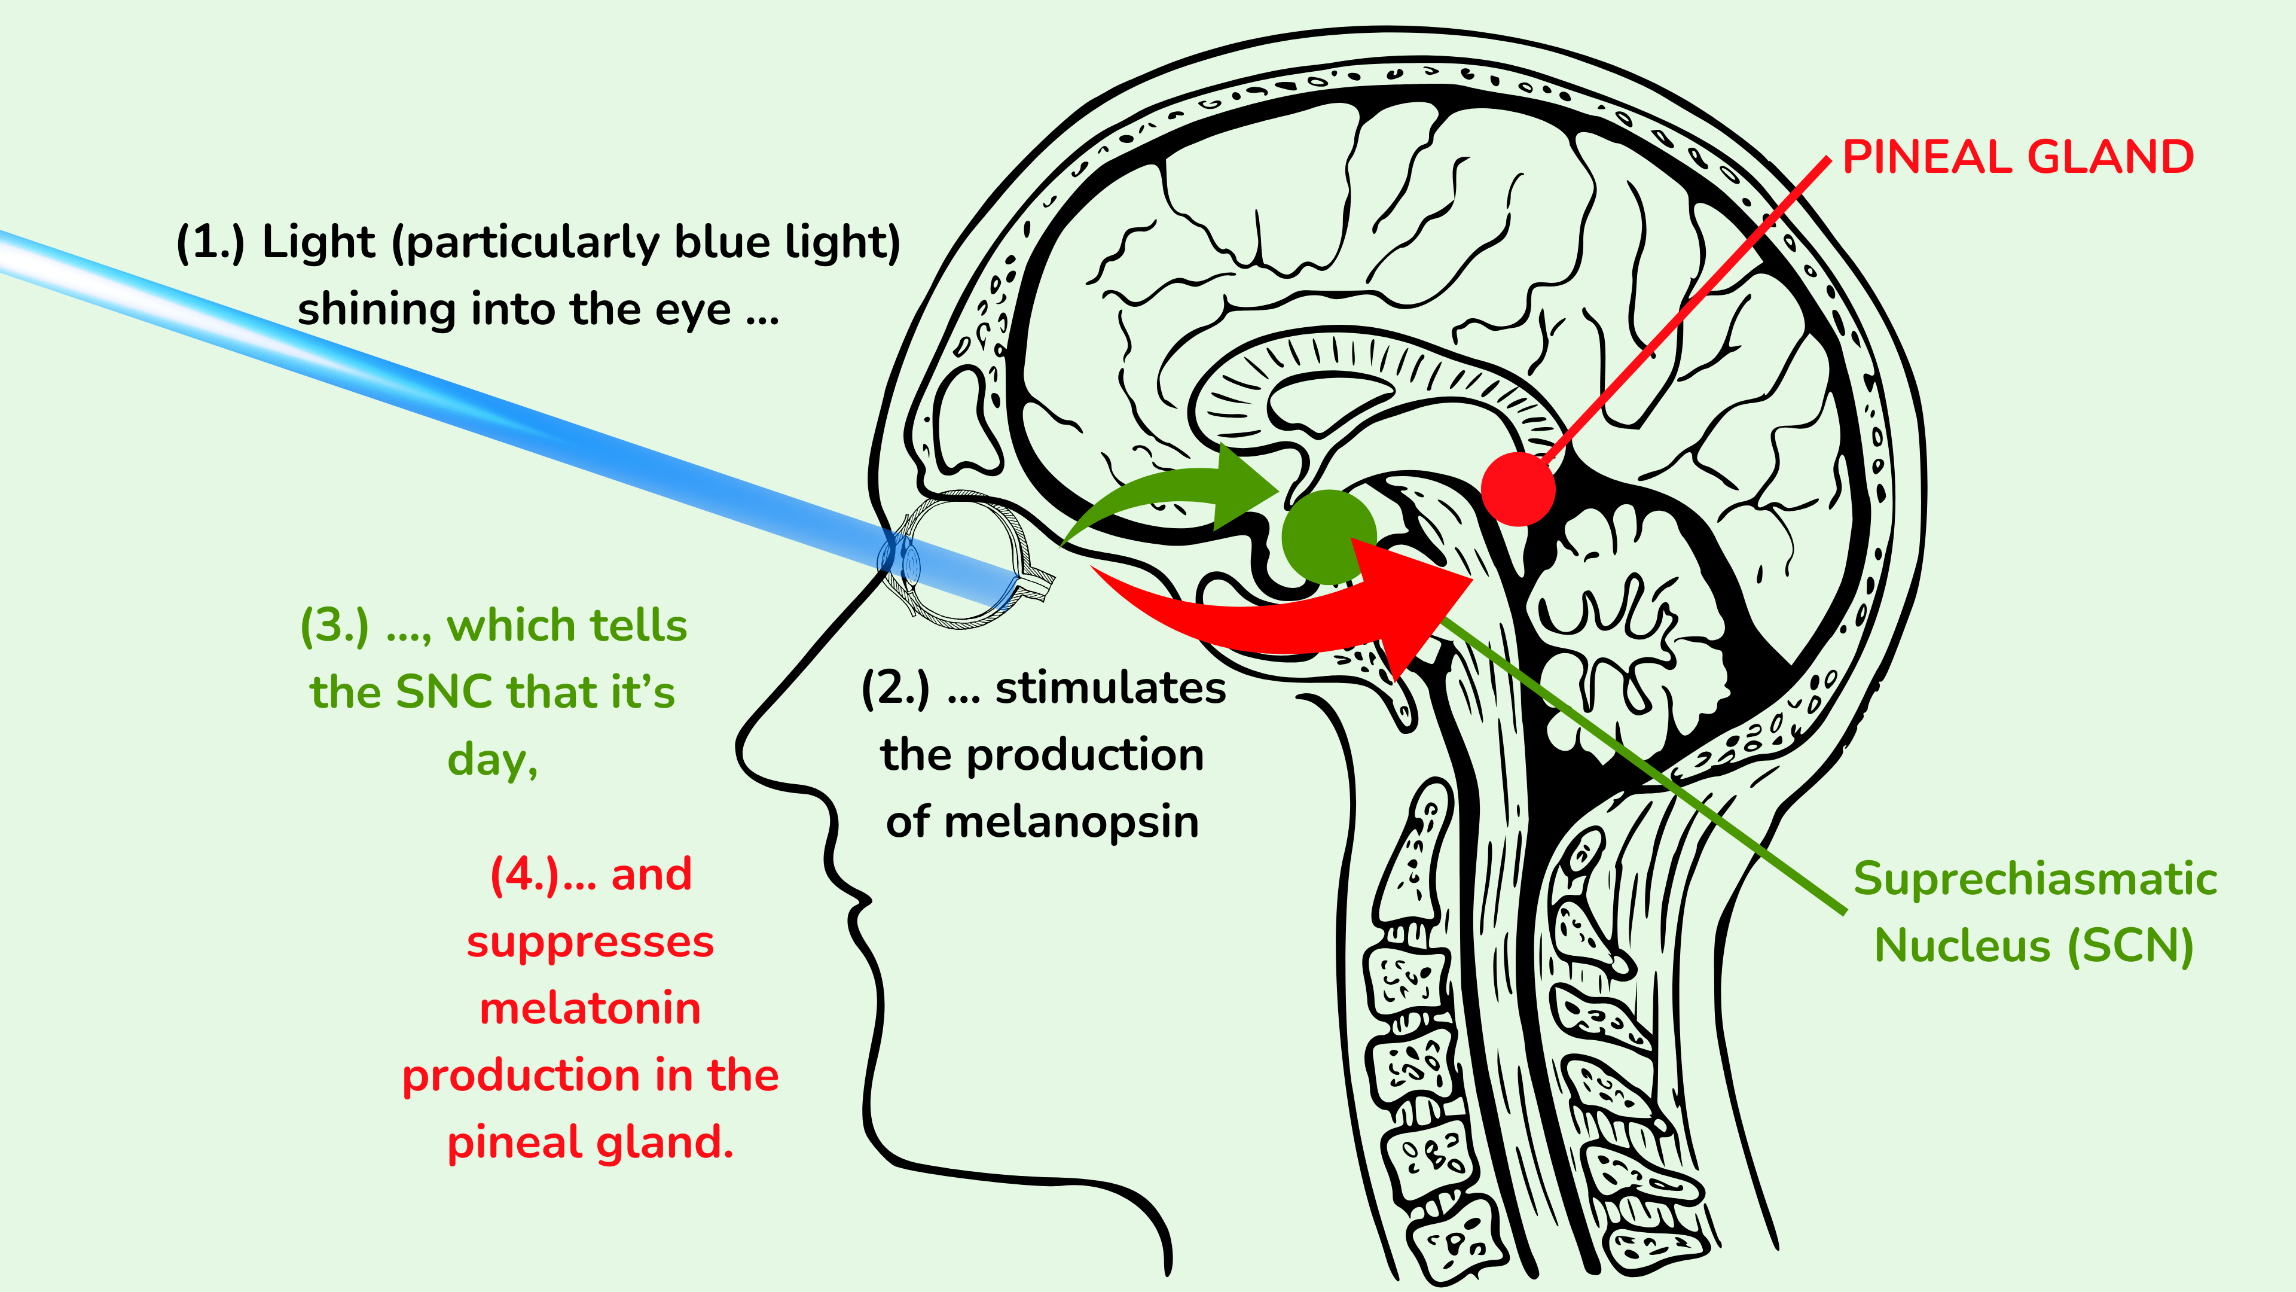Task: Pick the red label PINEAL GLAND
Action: tap(2017, 158)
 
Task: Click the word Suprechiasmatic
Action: tap(2035, 879)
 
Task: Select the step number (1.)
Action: tap(210, 242)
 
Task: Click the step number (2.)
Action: tap(895, 688)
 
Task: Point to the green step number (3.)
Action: tap(334, 626)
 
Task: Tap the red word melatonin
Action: tap(590, 1008)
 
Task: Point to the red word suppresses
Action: tap(590, 943)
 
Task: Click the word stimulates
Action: tap(1110, 688)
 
